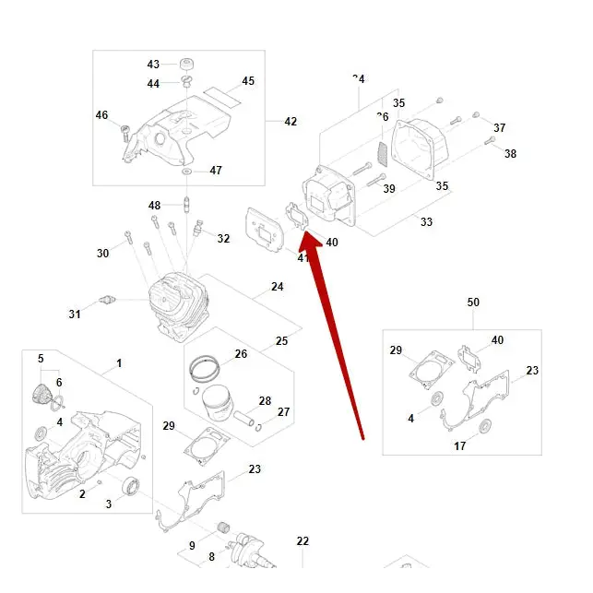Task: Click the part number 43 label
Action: coord(153,65)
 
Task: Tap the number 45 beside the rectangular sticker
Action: coord(248,81)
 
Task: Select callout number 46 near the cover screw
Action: coord(101,115)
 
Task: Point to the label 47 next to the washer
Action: coord(216,171)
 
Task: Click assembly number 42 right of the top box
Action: coord(291,122)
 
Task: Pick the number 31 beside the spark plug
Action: coord(75,314)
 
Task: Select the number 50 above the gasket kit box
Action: coord(473,302)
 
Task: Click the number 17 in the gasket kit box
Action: coord(459,446)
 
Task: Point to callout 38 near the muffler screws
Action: coord(510,154)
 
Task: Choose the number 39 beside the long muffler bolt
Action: coord(389,189)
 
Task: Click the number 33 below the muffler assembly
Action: coord(426,222)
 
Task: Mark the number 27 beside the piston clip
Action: coord(283,412)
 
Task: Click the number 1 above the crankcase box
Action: coord(119,364)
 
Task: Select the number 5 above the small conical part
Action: coord(41,358)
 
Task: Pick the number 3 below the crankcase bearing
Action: coord(109,504)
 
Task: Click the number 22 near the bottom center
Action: coord(302,541)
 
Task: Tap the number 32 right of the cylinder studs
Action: coord(223,239)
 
